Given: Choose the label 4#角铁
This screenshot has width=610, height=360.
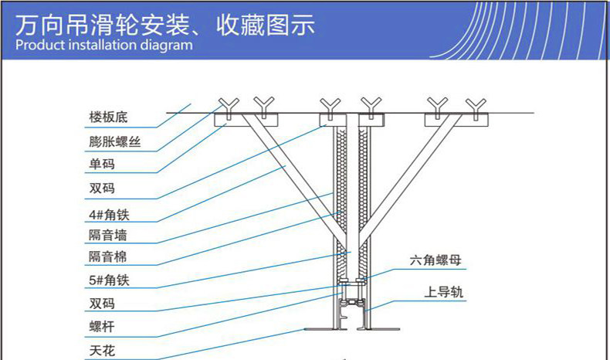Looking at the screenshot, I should pyautogui.click(x=108, y=212).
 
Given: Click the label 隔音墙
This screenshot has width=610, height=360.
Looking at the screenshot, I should pyautogui.click(x=107, y=235).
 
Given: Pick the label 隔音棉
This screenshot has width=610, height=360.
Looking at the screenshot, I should pyautogui.click(x=107, y=257).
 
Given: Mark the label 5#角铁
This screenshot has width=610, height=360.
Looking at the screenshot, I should pyautogui.click(x=108, y=281).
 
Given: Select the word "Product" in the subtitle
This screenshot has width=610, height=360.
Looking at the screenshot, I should pyautogui.click(x=38, y=45).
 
